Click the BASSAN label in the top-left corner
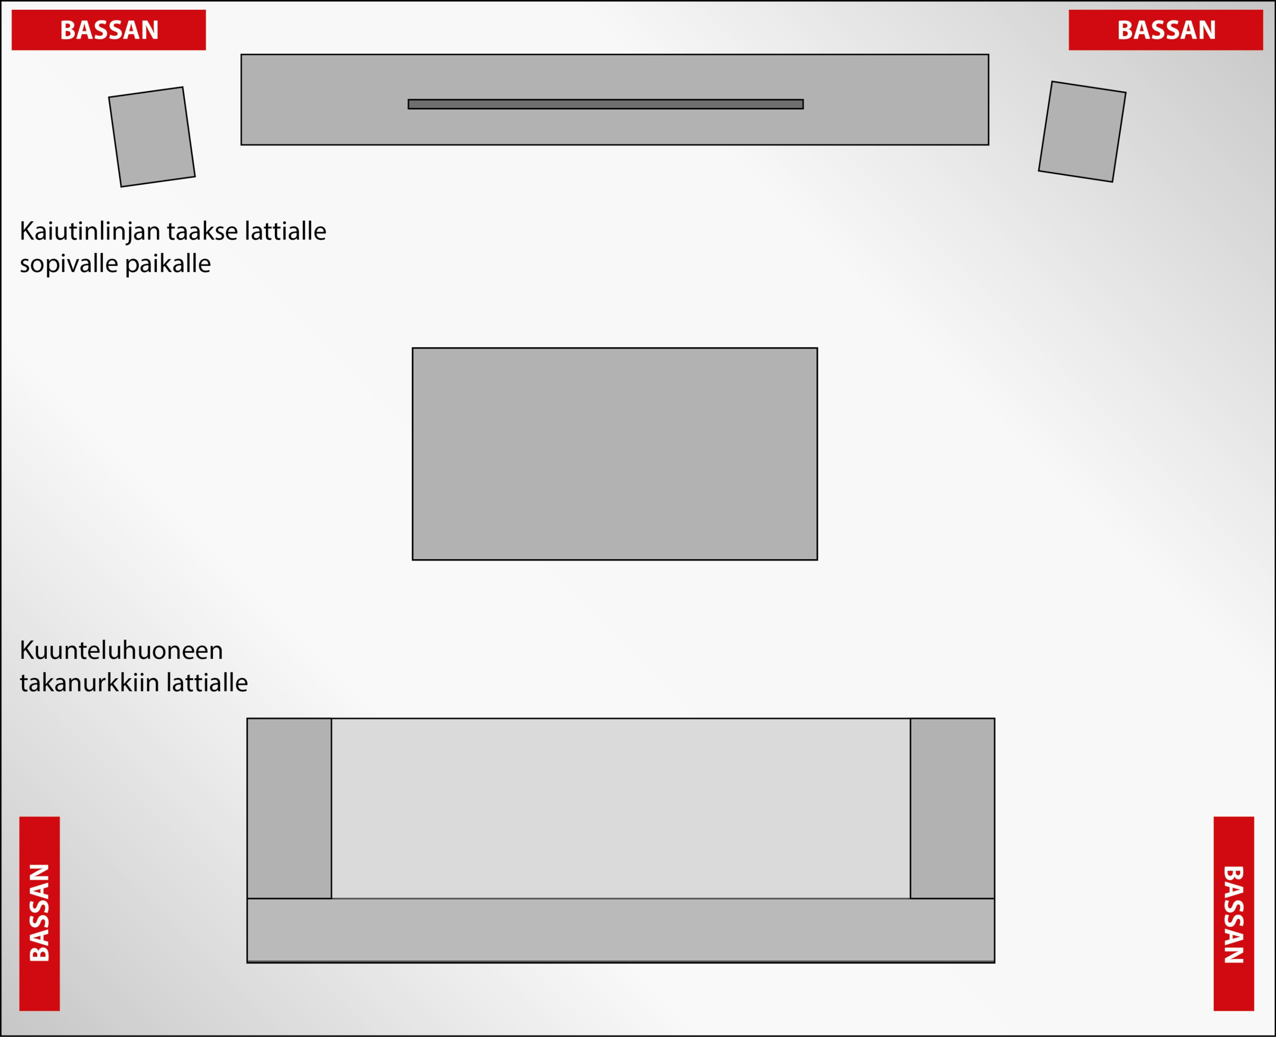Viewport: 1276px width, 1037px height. point(108,30)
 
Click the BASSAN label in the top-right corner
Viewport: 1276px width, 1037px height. point(1165,30)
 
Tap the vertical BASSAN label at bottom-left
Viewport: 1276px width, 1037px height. point(40,913)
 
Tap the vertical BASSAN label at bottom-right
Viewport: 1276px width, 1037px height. point(1233,913)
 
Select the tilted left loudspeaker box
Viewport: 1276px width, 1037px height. point(152,137)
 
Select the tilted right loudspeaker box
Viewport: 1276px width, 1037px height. point(1082,131)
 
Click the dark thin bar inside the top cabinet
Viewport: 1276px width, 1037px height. point(605,104)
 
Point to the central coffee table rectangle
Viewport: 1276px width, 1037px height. point(615,454)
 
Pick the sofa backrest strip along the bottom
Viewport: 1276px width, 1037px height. point(621,930)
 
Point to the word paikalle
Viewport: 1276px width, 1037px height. point(168,264)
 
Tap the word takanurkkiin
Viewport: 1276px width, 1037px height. point(90,683)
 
